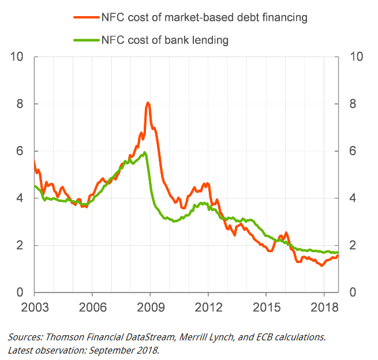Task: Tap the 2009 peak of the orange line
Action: point(148,103)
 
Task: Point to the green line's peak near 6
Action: point(144,152)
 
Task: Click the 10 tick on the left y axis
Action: point(17,57)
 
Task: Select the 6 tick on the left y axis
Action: point(20,151)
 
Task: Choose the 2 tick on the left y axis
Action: point(20,245)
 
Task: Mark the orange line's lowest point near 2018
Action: point(321,266)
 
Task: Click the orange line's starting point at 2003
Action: point(35,163)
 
